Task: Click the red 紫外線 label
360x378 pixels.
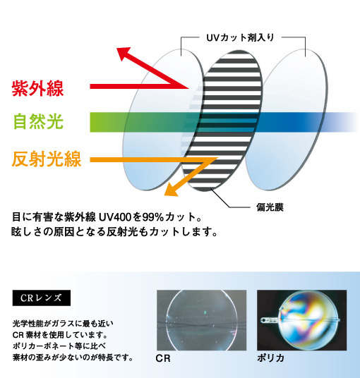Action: pyautogui.click(x=37, y=88)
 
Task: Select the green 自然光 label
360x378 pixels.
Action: pyautogui.click(x=38, y=122)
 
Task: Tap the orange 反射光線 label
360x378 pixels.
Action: pyautogui.click(x=47, y=159)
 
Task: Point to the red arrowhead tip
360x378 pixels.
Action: pyautogui.click(x=116, y=48)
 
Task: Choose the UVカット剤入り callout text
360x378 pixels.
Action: pyautogui.click(x=240, y=37)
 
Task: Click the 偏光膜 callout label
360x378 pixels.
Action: pyautogui.click(x=270, y=207)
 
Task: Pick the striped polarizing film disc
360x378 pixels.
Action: pyautogui.click(x=222, y=121)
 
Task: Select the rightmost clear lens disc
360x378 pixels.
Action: pyautogui.click(x=286, y=119)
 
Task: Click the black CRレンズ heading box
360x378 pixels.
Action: pyautogui.click(x=42, y=298)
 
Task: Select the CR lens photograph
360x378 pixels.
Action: pyautogui.click(x=201, y=320)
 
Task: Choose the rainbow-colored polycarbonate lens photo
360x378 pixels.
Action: pyautogui.click(x=302, y=320)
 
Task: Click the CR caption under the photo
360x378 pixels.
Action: pyautogui.click(x=163, y=358)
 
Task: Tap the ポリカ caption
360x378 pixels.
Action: pyautogui.click(x=270, y=358)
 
